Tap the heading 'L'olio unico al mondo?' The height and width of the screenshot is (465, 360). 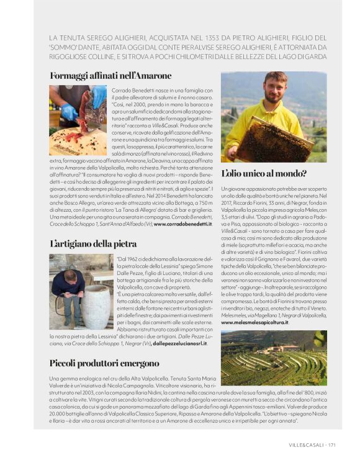[x=264, y=173]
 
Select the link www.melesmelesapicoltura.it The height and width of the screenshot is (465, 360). [x=254, y=323]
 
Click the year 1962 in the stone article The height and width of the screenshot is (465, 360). [x=132, y=258]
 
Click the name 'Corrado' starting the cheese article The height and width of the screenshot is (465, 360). [x=122, y=89]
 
